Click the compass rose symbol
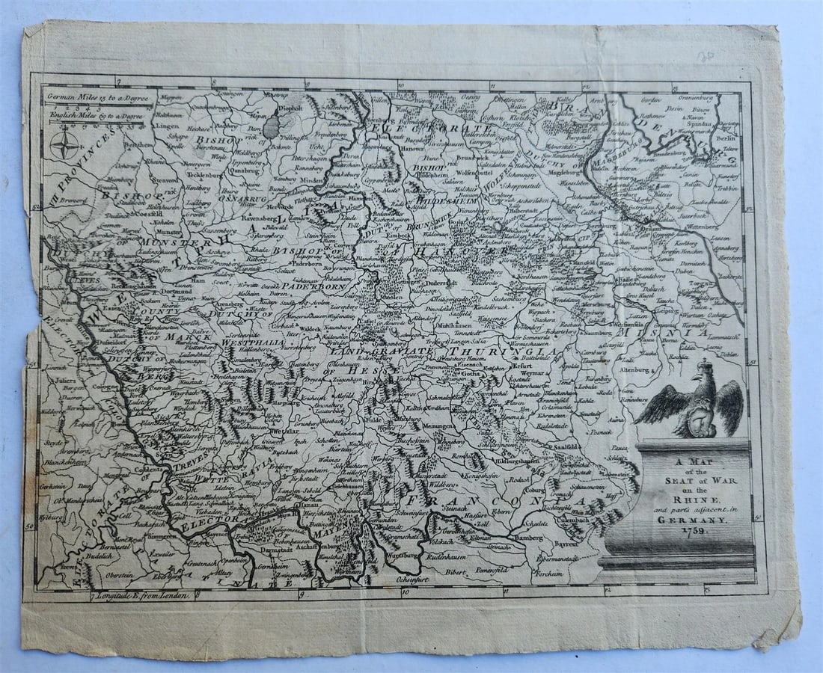point(64,144)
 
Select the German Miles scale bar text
point(98,97)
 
